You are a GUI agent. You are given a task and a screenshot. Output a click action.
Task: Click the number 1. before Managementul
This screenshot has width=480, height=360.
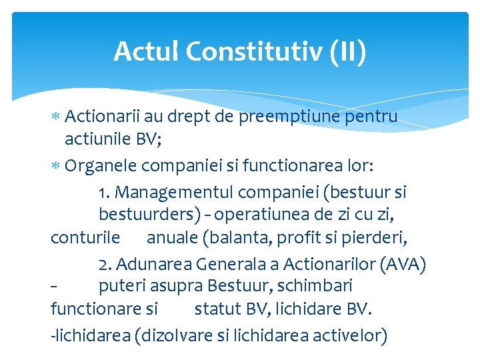(x=104, y=193)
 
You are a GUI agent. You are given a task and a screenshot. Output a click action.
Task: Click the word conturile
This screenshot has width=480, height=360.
(x=85, y=237)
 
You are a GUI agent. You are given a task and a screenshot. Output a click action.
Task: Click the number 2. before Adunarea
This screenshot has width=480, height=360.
(x=105, y=265)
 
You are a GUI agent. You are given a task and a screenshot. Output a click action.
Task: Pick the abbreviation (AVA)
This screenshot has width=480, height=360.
(x=403, y=265)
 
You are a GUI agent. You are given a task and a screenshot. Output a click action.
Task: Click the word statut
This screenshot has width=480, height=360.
(x=216, y=309)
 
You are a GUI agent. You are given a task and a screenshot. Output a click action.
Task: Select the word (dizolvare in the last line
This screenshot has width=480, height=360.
(x=173, y=334)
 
